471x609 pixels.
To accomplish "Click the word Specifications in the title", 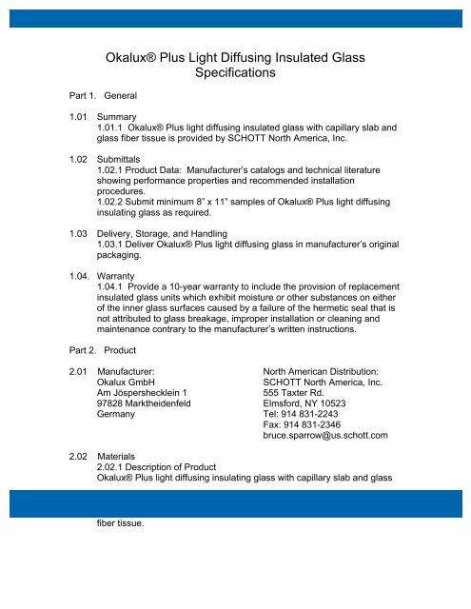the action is coord(234,71).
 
